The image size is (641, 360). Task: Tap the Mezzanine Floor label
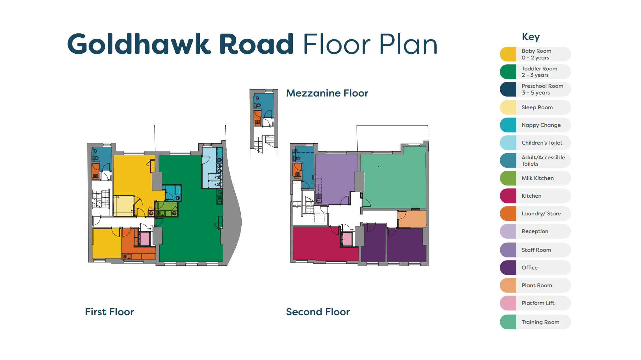click(x=327, y=93)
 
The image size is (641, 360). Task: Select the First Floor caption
click(x=109, y=312)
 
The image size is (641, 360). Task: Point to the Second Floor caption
click(x=317, y=312)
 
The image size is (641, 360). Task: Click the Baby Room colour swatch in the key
click(x=508, y=54)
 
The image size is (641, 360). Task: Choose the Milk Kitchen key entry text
click(x=537, y=178)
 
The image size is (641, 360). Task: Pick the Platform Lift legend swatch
click(x=508, y=303)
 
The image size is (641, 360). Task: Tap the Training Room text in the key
click(x=540, y=322)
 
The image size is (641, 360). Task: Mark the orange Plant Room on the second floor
click(x=412, y=219)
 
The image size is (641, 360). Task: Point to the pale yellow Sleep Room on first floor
click(x=124, y=206)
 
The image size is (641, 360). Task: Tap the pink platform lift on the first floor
click(x=145, y=239)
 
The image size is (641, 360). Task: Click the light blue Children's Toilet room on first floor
click(x=209, y=167)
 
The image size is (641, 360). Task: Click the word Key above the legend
click(x=530, y=37)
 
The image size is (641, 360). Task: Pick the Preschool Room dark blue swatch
click(x=508, y=89)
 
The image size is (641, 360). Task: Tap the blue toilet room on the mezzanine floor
click(x=265, y=102)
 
